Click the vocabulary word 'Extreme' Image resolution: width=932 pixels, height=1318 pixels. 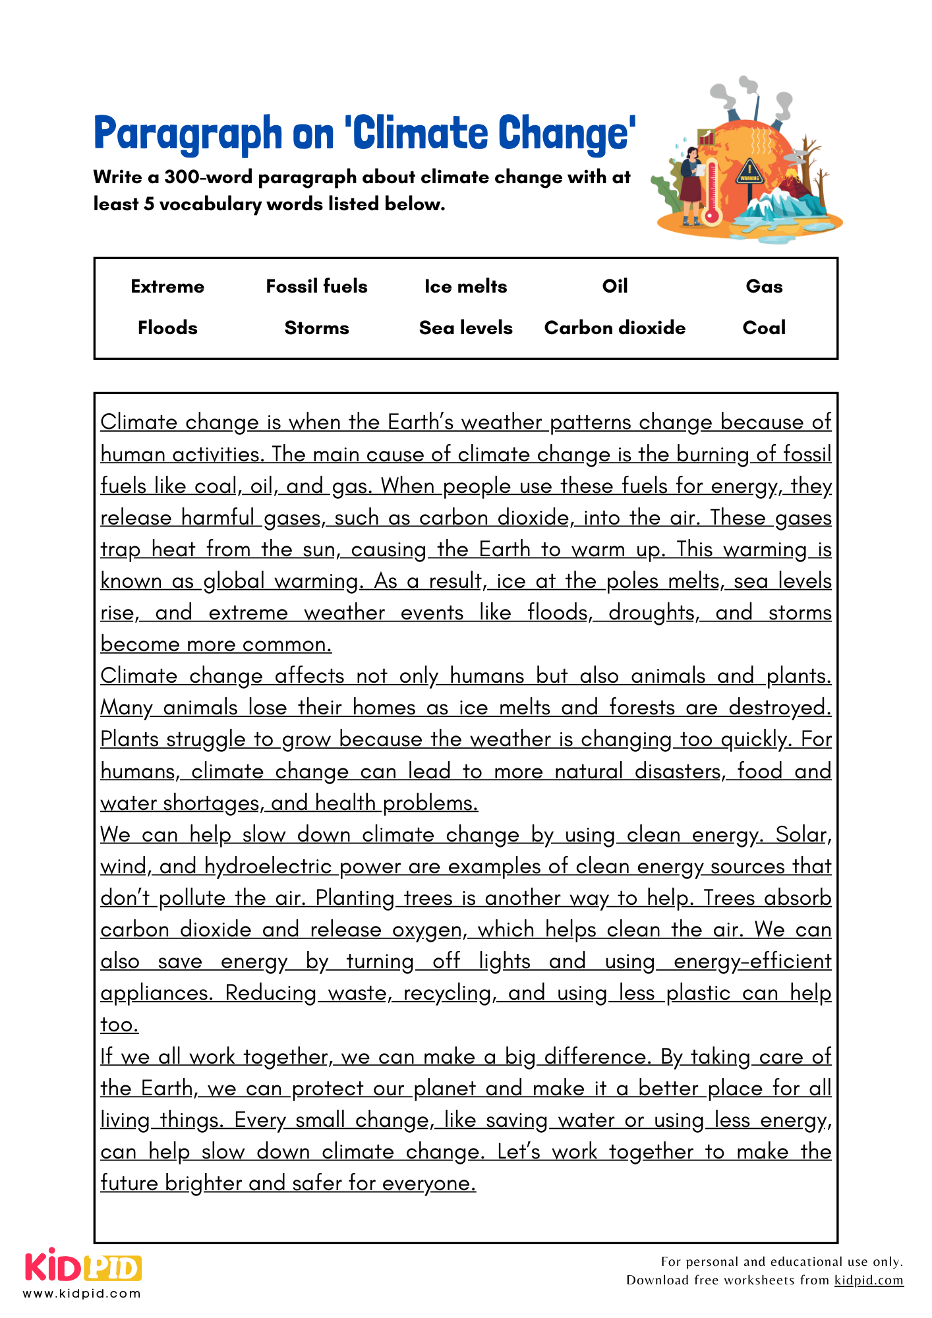pyautogui.click(x=167, y=286)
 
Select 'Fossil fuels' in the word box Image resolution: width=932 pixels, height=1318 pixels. pyautogui.click(x=316, y=286)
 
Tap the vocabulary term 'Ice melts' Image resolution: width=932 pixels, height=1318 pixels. pyautogui.click(x=465, y=286)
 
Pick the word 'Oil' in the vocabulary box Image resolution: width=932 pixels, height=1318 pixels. pyautogui.click(x=614, y=286)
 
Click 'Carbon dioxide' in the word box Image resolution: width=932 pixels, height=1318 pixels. pyautogui.click(x=614, y=328)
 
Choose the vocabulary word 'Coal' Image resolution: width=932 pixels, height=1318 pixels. pyautogui.click(x=764, y=328)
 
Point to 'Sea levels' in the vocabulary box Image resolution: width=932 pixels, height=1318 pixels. pyautogui.click(x=465, y=328)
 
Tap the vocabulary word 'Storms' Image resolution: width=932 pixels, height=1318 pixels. pyautogui.click(x=316, y=328)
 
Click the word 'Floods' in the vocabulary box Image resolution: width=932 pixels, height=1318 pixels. pyautogui.click(x=167, y=328)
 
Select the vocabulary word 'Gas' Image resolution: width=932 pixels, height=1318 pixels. pyautogui.click(x=764, y=286)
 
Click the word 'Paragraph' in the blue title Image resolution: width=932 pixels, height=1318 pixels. pyautogui.click(x=188, y=134)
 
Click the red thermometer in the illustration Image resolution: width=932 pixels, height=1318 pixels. pyautogui.click(x=711, y=191)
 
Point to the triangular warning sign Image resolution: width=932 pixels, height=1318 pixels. pyautogui.click(x=749, y=172)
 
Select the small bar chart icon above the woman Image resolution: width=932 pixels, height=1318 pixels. pyautogui.click(x=706, y=138)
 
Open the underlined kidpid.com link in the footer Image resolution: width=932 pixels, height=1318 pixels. pyautogui.click(x=868, y=1280)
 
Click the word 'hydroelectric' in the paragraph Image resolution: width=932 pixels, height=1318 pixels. pyautogui.click(x=268, y=866)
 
